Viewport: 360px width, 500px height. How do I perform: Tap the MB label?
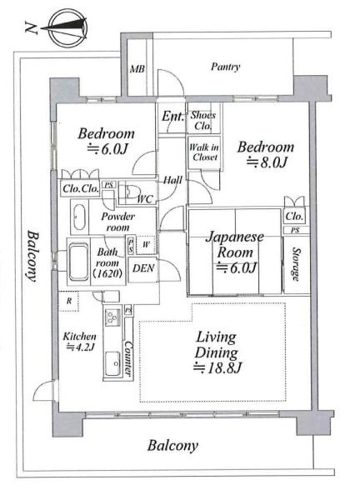tap(137, 69)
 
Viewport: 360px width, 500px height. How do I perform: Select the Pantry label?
tap(226, 67)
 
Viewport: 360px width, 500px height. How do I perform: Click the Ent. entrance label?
tap(172, 116)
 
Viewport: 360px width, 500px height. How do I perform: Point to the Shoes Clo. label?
tap(203, 120)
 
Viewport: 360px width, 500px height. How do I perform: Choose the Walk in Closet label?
tap(204, 152)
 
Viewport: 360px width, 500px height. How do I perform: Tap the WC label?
tap(145, 199)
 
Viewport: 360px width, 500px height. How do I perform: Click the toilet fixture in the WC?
tap(132, 192)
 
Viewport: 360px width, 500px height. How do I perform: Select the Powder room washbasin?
tap(79, 217)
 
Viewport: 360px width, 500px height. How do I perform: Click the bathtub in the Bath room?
tap(78, 262)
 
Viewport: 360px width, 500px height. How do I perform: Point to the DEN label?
tap(143, 268)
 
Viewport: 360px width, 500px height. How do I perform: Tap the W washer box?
tap(146, 245)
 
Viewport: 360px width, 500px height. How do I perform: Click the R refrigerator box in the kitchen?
tap(69, 302)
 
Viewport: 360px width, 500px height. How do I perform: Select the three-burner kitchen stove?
tap(112, 317)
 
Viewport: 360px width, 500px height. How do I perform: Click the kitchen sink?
tap(112, 364)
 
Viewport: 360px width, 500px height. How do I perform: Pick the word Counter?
tap(128, 358)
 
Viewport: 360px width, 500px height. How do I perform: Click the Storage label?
tap(296, 264)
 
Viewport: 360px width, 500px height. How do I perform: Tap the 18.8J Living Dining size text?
tap(217, 368)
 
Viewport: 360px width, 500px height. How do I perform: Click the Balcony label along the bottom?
tap(172, 446)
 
